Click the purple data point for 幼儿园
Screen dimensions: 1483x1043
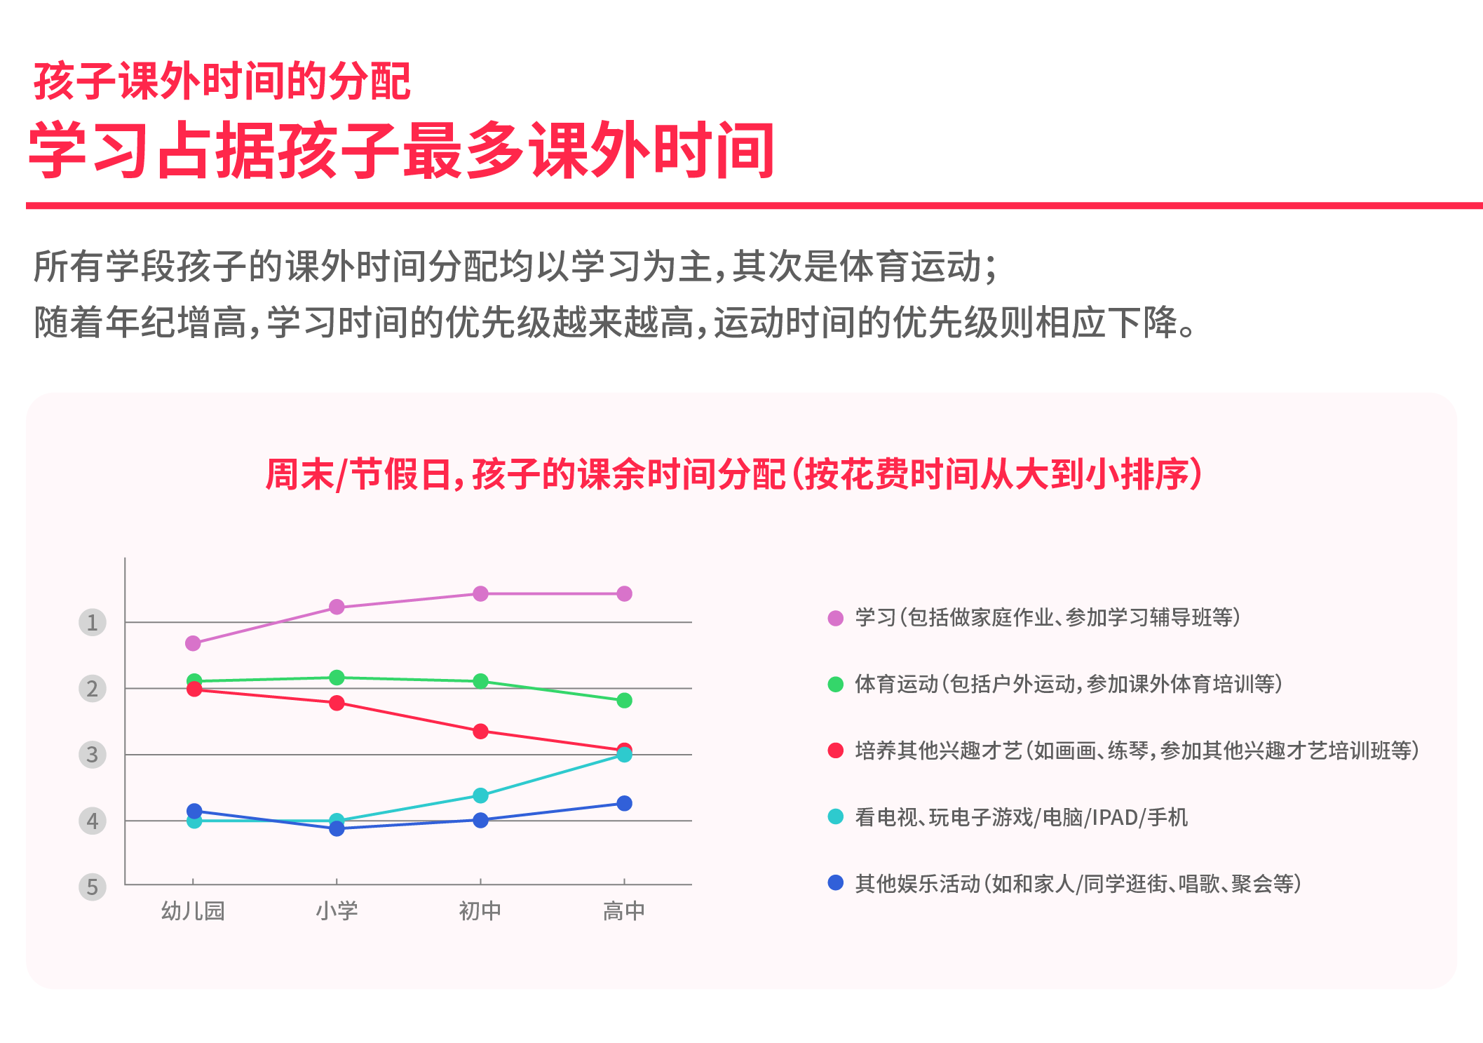[193, 643]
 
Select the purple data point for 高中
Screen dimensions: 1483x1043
[624, 594]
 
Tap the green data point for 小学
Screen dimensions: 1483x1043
[337, 678]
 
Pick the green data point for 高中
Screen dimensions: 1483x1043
[624, 701]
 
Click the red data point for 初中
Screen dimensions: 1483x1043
[480, 732]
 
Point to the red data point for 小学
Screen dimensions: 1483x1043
[337, 703]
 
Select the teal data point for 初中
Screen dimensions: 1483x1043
[480, 795]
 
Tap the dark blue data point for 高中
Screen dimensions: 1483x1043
[624, 803]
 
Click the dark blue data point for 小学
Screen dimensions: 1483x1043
[337, 828]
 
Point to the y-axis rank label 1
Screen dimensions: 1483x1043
[92, 622]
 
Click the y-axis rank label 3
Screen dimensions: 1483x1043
[92, 755]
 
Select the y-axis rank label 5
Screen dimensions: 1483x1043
[92, 887]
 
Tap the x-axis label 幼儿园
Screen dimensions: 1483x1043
[193, 910]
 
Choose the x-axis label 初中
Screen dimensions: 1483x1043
[480, 910]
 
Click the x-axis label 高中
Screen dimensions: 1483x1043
[624, 910]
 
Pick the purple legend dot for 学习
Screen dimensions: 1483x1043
[835, 618]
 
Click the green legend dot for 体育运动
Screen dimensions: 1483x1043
[835, 685]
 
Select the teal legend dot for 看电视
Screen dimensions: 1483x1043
[835, 816]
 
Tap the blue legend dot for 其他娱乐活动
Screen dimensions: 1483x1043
[835, 882]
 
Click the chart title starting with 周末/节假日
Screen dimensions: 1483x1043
[734, 474]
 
